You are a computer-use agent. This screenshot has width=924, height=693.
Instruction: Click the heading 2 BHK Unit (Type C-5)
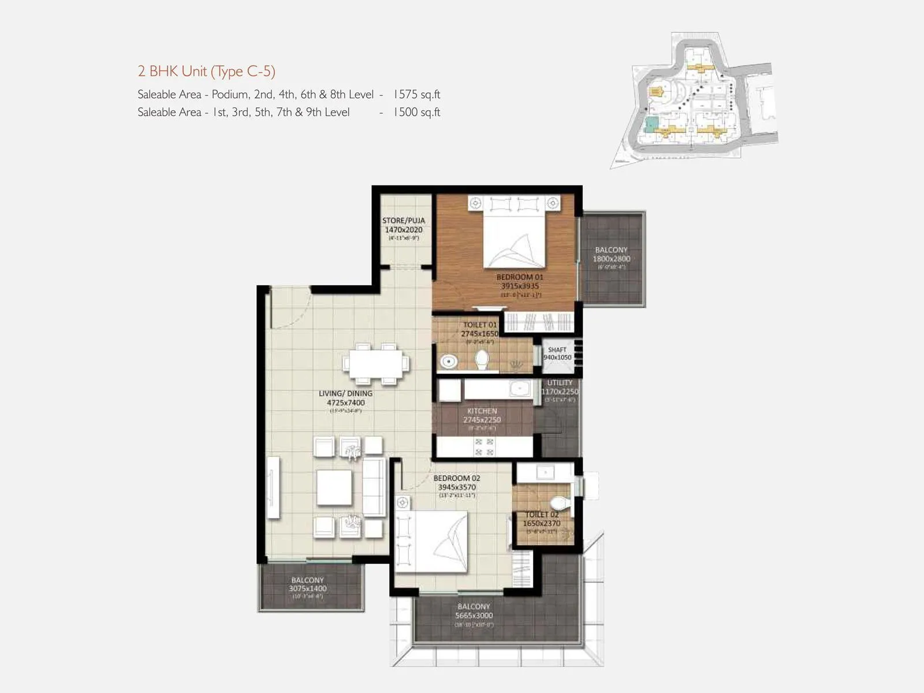[x=206, y=72]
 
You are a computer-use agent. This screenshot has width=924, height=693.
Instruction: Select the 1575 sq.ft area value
[x=416, y=94]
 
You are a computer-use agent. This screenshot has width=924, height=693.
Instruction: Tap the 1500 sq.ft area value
[x=416, y=112]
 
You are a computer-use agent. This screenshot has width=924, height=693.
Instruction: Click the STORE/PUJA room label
[x=403, y=221]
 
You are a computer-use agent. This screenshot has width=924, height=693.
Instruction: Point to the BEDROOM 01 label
[x=520, y=277]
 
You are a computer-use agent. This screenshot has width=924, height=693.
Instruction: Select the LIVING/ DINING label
[x=345, y=393]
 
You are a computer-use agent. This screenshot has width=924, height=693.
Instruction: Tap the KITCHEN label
[x=482, y=411]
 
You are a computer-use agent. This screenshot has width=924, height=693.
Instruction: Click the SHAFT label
[x=557, y=350]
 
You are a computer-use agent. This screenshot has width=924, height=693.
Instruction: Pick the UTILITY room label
[x=560, y=383]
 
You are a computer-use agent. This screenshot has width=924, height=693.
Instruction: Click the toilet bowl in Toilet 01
[x=482, y=360]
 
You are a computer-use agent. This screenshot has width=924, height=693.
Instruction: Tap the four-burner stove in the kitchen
[x=484, y=447]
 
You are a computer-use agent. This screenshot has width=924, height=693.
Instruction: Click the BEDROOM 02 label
[x=457, y=478]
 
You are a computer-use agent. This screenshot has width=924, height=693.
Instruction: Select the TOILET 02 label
[x=542, y=514]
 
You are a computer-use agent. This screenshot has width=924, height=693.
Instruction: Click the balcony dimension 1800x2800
[x=612, y=259]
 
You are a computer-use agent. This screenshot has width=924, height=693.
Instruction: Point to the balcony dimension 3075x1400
[x=308, y=588]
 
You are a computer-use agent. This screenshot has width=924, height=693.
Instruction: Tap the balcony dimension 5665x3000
[x=474, y=616]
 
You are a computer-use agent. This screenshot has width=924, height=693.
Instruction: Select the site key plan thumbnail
[x=693, y=101]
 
